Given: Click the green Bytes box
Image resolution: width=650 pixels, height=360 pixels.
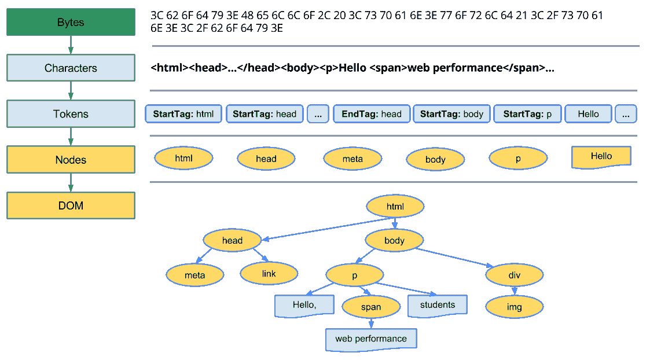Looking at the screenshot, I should (x=71, y=22).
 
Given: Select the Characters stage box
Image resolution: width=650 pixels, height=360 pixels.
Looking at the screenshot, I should (x=71, y=68).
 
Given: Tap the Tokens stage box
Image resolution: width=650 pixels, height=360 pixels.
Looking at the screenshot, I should (x=71, y=113).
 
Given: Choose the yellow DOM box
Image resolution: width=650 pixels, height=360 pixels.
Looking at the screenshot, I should (x=71, y=205).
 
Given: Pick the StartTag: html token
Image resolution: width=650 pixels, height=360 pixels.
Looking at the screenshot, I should (x=183, y=114).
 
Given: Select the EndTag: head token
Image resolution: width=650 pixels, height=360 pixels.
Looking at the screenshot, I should (x=372, y=114).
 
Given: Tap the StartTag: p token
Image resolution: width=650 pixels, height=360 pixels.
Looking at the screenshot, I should (x=527, y=114).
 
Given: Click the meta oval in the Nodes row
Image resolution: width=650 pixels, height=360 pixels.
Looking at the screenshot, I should (x=352, y=159).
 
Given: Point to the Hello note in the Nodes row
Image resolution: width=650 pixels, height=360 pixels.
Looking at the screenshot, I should (x=601, y=156).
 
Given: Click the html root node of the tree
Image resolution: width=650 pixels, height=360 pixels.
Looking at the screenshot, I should (x=395, y=206).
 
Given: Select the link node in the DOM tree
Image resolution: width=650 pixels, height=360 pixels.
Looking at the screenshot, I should (x=269, y=273).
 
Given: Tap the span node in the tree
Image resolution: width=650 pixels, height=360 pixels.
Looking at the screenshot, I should (x=370, y=307).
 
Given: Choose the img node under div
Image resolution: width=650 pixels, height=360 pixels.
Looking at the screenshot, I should (x=514, y=307).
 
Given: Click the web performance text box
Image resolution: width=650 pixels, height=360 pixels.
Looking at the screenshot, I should (x=371, y=339).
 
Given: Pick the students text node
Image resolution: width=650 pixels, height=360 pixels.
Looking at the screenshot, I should (x=437, y=305).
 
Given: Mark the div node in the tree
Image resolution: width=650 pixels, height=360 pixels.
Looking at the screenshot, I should (x=514, y=275).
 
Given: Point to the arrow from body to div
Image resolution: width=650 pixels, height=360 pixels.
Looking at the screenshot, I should (x=457, y=258).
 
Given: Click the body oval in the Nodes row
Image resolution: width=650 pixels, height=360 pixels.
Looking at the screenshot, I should (x=435, y=159).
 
